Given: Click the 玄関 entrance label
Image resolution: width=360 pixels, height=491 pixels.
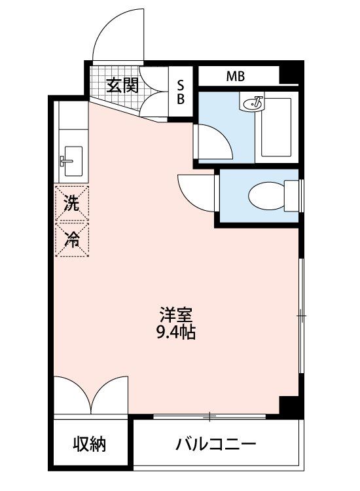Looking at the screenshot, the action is coord(122,86).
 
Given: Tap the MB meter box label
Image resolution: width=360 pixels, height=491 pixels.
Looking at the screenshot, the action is coord(236,76).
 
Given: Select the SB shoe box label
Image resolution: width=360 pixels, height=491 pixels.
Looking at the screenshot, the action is coord(181,92).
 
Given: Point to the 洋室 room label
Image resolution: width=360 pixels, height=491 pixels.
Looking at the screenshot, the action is coord(175,315).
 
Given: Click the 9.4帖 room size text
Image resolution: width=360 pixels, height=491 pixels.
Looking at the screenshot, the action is coord(175,332).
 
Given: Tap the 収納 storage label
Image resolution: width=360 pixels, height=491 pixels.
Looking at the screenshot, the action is coord(90,444).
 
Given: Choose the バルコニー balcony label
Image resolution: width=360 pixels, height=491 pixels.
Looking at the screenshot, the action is coord(216,444).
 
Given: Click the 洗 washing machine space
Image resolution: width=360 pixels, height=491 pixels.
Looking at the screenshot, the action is coord(72,204).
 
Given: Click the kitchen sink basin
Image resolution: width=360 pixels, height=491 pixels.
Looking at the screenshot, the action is coord(73,161).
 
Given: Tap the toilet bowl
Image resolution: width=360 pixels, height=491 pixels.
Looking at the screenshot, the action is coord(266,196).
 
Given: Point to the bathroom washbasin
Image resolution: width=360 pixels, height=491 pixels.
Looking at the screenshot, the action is coord(252,103).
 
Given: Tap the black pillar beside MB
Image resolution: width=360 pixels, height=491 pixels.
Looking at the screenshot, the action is coord(289,75).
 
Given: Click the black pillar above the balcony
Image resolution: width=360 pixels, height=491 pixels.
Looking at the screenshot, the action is coord(289,406).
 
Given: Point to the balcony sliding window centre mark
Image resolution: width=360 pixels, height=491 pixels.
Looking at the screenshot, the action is coord(209,416).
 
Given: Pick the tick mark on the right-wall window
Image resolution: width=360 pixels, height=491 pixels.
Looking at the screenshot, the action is coord(302,316).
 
